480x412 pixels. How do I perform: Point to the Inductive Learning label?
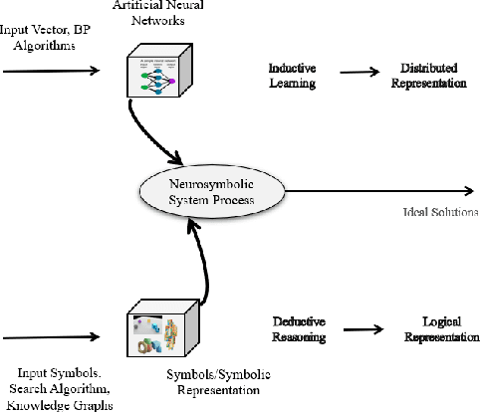pos(292,76)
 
